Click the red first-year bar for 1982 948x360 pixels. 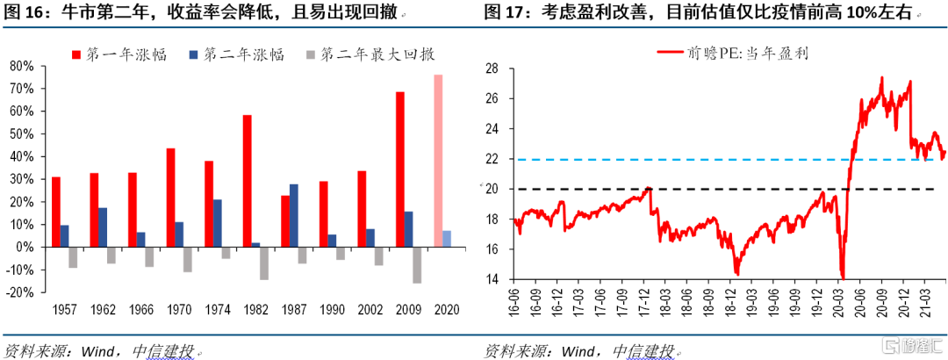click(x=248, y=181)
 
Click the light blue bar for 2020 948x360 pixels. click(x=448, y=239)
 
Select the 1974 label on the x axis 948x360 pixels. click(x=213, y=311)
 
